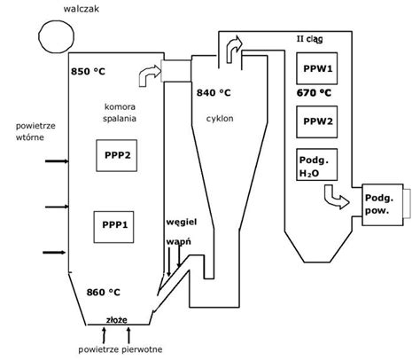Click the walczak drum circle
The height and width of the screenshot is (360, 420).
point(39,37)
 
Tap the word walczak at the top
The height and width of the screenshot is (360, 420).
point(82,9)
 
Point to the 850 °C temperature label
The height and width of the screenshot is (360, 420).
point(88,72)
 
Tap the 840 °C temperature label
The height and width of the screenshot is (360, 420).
point(214,93)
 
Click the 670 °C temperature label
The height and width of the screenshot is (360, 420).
point(314,93)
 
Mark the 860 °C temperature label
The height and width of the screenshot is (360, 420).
point(104,293)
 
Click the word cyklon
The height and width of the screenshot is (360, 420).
point(220,119)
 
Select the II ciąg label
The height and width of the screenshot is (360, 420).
point(309,39)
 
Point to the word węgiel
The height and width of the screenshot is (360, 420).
point(182,223)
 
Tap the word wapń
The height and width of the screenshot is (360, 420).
point(178,242)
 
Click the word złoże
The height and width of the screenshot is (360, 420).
point(117,320)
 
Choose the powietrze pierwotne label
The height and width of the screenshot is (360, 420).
point(121,349)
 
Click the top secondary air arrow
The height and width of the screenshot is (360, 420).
point(57,161)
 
